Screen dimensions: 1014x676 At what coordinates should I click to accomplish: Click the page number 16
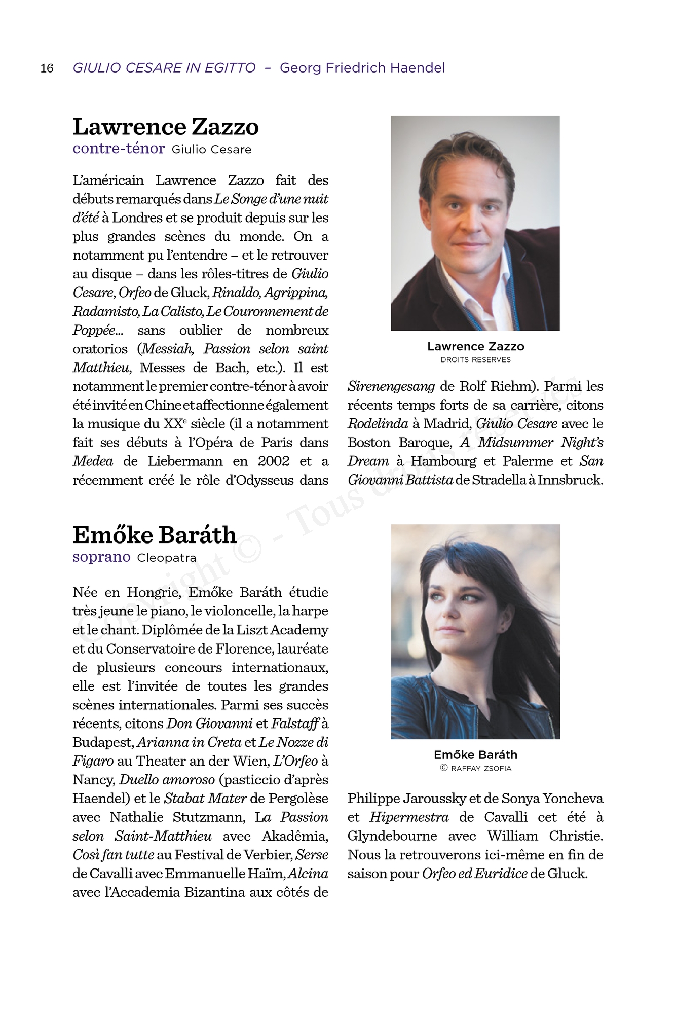click(47, 68)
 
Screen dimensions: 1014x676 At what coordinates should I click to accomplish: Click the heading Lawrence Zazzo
click(166, 127)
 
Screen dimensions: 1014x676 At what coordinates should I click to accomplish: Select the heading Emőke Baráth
click(155, 535)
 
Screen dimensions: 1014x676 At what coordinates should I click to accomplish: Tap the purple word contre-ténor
click(119, 149)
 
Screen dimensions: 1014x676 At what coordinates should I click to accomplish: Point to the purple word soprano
click(101, 557)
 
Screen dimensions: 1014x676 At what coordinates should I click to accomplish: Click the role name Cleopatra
click(167, 558)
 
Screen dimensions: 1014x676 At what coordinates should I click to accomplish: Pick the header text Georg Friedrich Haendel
click(362, 68)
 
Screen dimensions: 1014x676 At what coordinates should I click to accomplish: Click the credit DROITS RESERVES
click(475, 360)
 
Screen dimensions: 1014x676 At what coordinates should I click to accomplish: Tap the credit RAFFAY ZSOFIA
click(481, 768)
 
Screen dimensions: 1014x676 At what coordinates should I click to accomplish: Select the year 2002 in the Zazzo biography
click(274, 461)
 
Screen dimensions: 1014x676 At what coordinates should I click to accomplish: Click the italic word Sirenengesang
click(391, 386)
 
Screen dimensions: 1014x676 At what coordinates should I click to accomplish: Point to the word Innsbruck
click(570, 480)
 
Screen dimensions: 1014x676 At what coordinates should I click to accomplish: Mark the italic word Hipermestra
click(409, 817)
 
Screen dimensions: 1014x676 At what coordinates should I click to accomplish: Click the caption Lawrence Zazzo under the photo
click(475, 347)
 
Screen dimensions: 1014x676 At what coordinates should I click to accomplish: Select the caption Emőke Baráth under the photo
click(475, 755)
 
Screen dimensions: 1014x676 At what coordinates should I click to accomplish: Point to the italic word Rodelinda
click(378, 424)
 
